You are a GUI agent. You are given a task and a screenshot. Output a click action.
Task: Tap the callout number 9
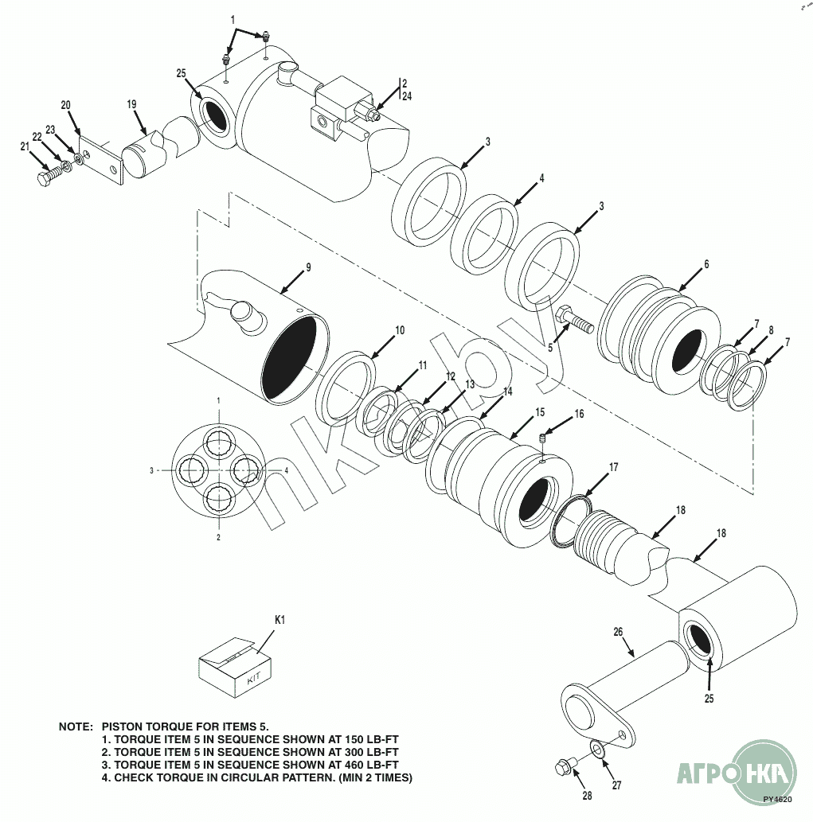click(308, 267)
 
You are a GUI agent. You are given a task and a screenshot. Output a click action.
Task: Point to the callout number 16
click(579, 414)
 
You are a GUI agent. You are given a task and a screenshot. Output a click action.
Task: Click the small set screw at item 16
click(543, 437)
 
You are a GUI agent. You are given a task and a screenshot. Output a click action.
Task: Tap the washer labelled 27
click(597, 749)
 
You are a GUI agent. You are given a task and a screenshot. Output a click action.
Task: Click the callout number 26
click(617, 633)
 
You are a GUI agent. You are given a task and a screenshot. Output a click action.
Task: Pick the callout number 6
click(706, 264)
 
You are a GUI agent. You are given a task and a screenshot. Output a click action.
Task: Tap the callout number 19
click(132, 104)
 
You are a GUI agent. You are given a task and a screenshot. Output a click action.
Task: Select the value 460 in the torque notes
click(339, 764)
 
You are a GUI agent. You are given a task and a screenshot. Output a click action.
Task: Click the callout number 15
click(540, 412)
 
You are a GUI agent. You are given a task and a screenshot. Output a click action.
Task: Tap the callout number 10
click(400, 330)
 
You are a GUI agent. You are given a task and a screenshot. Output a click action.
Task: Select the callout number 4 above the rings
click(541, 178)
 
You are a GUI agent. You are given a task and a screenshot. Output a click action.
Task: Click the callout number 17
click(613, 469)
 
